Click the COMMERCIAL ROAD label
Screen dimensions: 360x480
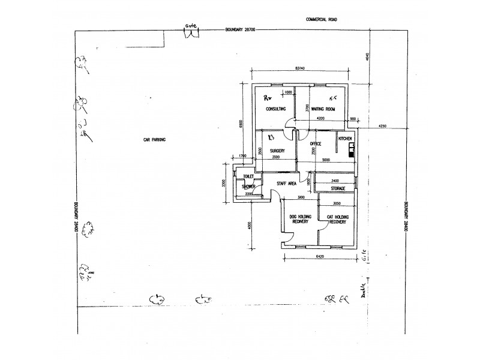[322, 20]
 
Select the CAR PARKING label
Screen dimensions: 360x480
[154, 139]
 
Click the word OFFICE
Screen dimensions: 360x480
[316, 144]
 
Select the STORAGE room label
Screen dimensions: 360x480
[338, 188]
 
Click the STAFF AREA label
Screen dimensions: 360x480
[286, 184]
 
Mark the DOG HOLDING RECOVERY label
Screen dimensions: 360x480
[299, 219]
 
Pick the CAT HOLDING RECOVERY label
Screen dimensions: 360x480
[338, 219]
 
